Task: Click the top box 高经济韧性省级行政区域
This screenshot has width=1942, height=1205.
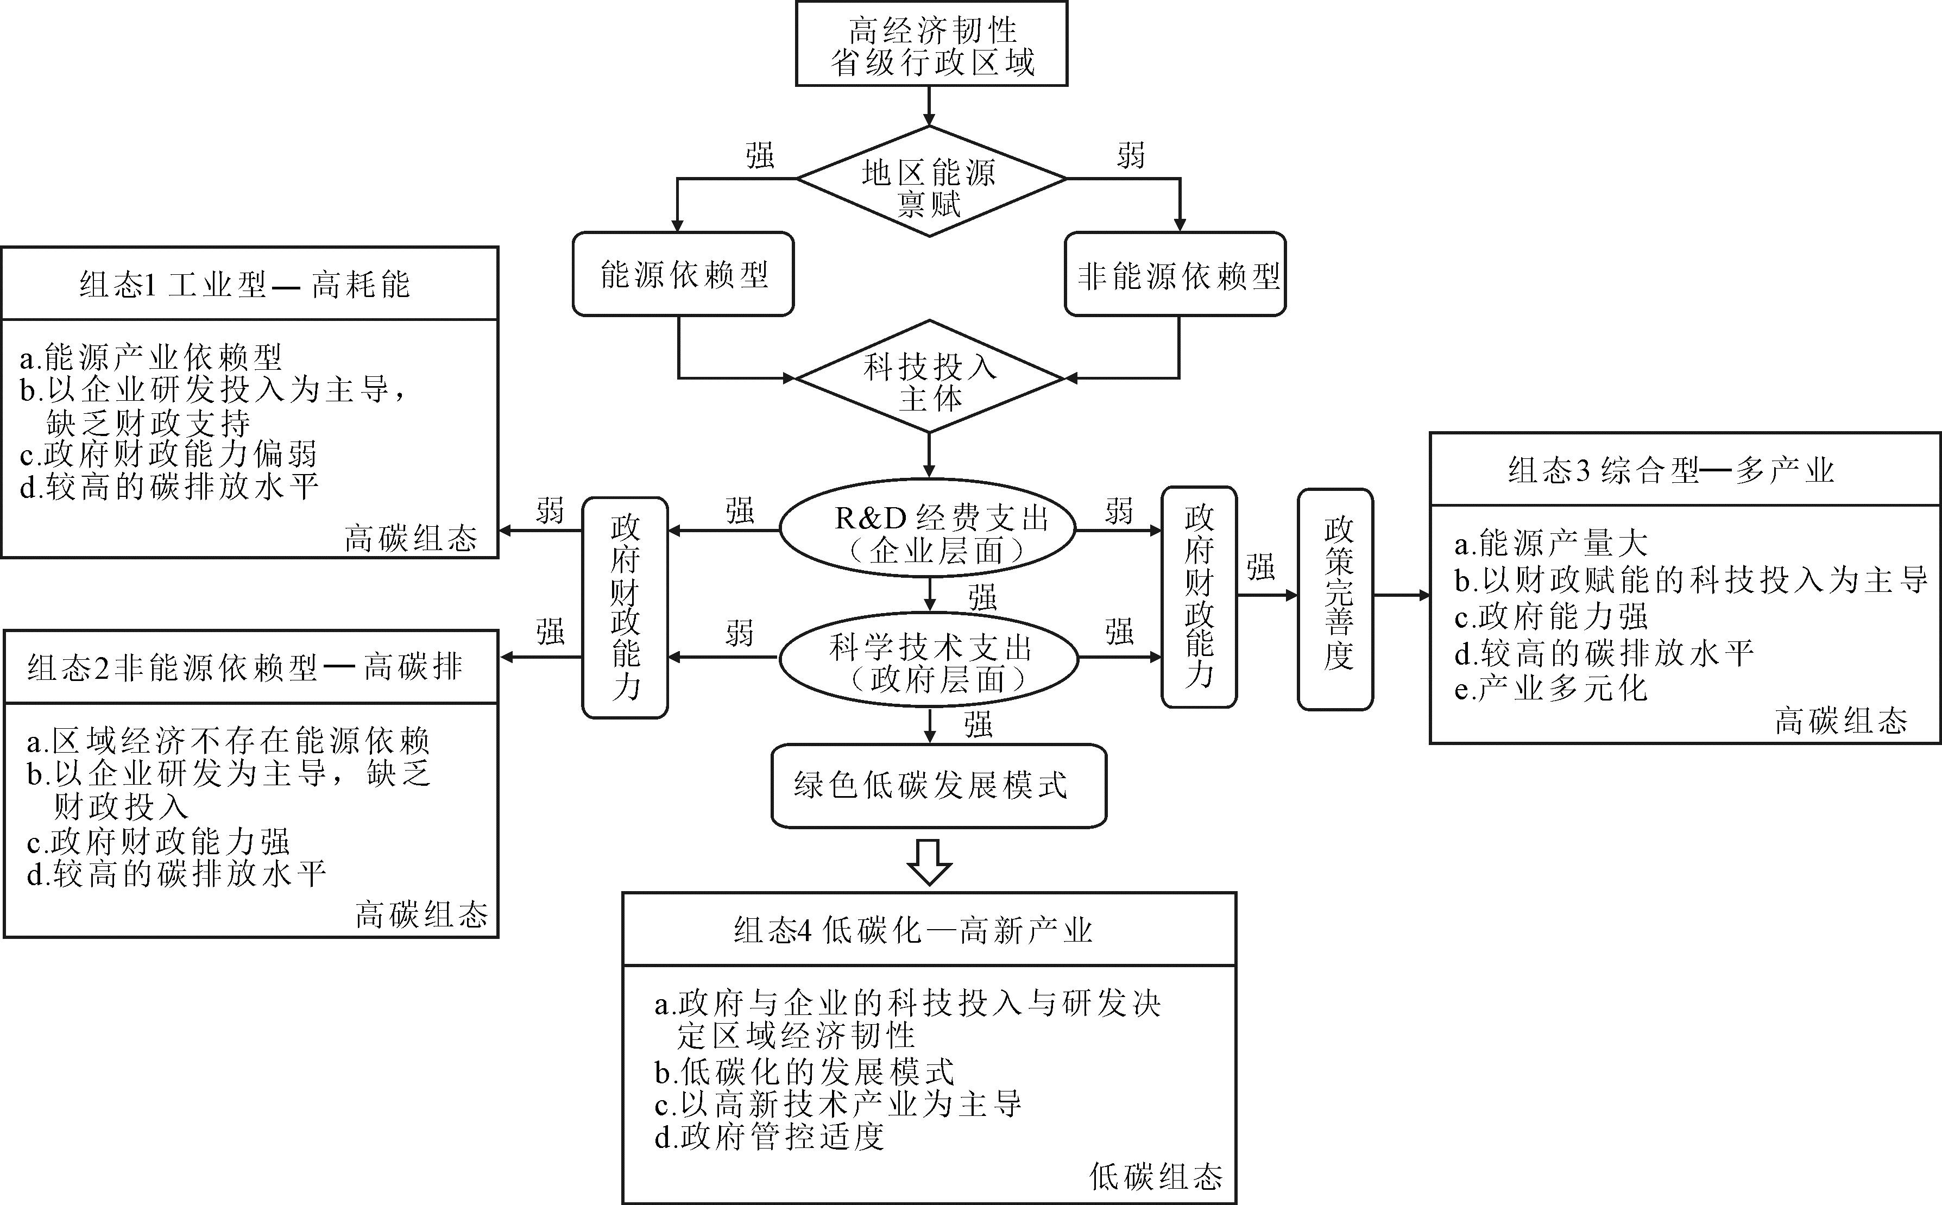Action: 931,45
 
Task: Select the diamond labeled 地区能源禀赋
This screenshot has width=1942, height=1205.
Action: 930,182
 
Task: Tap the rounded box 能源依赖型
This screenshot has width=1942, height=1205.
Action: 683,274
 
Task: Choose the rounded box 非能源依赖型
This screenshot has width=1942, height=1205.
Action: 1175,274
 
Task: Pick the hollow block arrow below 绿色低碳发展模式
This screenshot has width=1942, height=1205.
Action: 929,861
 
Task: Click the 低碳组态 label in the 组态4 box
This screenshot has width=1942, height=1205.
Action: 1156,1176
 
